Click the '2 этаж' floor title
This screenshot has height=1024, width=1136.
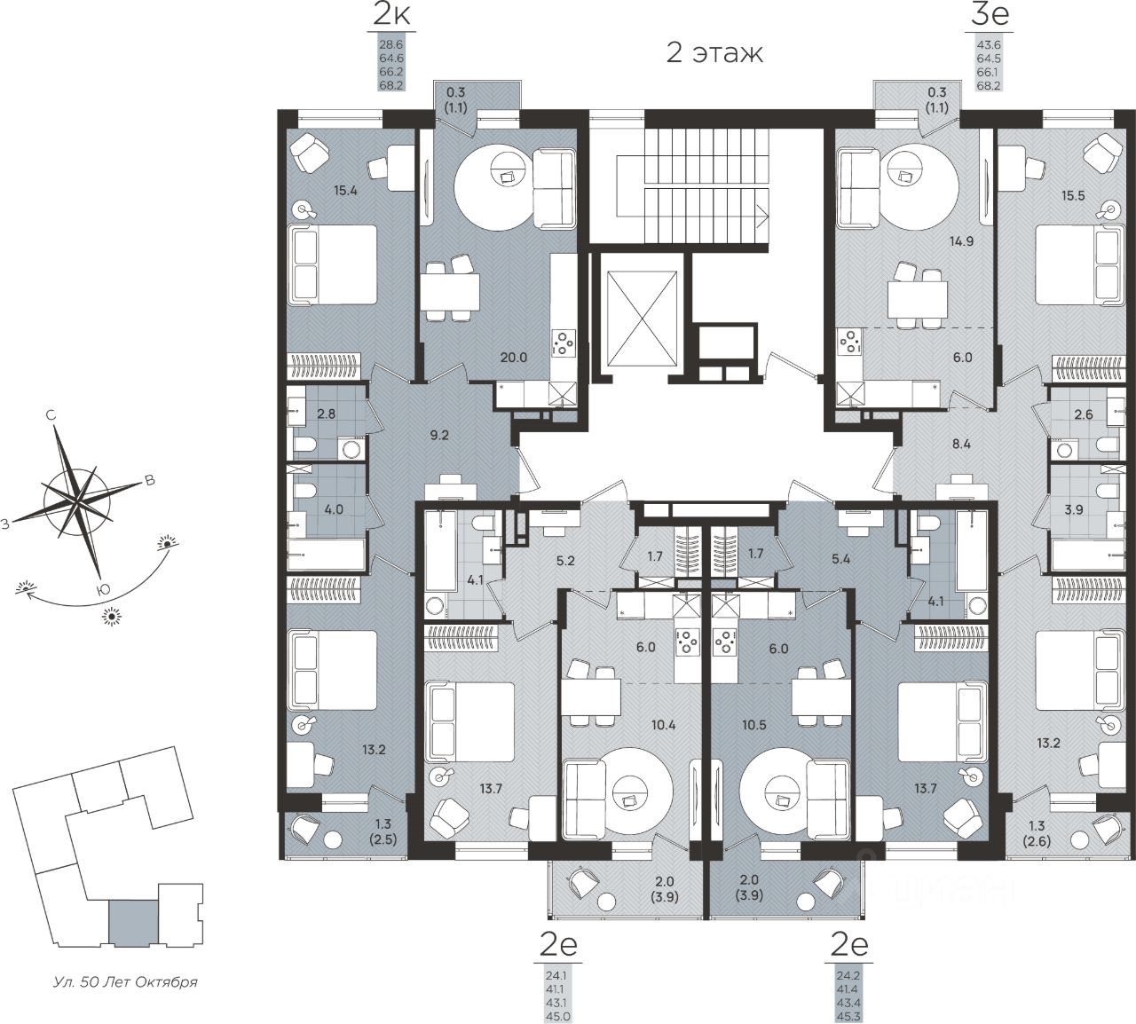point(714,54)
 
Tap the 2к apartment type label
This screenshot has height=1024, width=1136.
point(392,16)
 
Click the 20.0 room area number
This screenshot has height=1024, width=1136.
point(514,358)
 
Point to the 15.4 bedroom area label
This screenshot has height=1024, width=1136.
point(345,190)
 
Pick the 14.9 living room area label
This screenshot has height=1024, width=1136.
point(961,241)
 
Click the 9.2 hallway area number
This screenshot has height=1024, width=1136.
point(439,435)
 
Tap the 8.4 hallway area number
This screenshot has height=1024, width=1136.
point(961,444)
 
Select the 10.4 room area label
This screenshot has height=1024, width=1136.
point(663,725)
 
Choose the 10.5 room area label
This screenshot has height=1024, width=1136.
point(753,725)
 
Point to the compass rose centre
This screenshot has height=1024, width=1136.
point(77,502)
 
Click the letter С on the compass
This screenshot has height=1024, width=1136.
point(51,415)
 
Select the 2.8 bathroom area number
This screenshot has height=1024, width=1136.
point(327,414)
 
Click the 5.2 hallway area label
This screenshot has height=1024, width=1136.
point(565,561)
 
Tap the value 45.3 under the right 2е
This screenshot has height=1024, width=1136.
point(848,1017)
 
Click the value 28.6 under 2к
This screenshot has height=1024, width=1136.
point(392,43)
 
